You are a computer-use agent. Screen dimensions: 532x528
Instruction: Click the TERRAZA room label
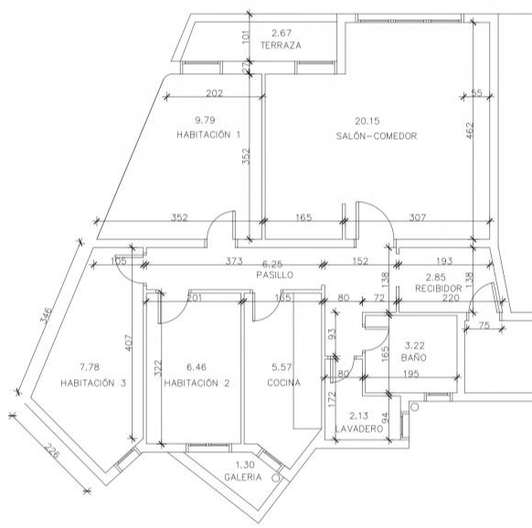click(x=281, y=45)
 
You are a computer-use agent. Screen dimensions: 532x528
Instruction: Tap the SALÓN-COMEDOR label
click(x=377, y=136)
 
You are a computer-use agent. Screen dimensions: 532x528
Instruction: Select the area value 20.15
click(x=367, y=121)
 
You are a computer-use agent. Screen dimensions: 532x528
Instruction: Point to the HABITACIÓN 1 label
click(x=208, y=134)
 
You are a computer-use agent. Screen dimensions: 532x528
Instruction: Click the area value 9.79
click(x=205, y=120)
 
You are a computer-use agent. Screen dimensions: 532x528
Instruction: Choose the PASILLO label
click(x=275, y=275)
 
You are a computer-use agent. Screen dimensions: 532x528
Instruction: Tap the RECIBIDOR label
click(x=439, y=289)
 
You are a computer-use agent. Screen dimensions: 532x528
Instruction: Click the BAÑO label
click(x=413, y=357)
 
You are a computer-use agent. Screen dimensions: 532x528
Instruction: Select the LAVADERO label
click(x=359, y=428)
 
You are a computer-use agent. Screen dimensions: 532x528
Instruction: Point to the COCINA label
click(x=283, y=383)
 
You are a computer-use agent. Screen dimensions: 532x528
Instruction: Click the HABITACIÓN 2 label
click(x=197, y=383)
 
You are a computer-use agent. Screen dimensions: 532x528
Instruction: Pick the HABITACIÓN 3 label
click(x=93, y=383)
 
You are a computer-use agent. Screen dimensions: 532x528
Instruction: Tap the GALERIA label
click(x=243, y=477)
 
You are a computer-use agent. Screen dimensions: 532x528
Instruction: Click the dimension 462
click(x=470, y=131)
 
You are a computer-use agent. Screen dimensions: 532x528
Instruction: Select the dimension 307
click(x=418, y=217)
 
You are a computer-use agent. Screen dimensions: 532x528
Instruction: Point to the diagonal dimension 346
click(x=46, y=316)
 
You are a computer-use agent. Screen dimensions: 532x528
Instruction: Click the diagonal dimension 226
click(x=52, y=450)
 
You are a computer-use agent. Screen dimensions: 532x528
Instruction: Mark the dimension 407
click(x=128, y=343)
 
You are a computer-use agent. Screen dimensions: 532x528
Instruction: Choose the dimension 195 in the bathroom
click(x=410, y=374)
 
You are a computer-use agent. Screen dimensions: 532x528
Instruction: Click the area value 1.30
click(x=245, y=465)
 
